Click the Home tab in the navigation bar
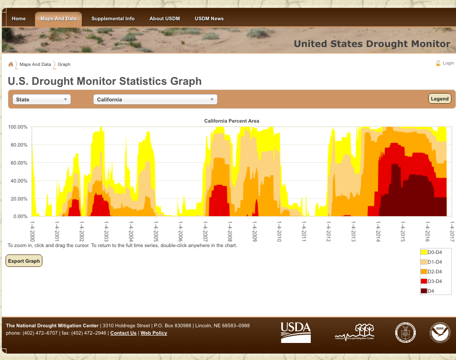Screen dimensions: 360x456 point(19,19)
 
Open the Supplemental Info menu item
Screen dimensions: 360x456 point(113,19)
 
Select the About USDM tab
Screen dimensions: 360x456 point(165,19)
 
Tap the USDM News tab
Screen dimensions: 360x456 point(209,19)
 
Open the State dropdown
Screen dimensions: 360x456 point(41,100)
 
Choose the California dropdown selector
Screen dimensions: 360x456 point(155,100)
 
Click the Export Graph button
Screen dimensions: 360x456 point(24,261)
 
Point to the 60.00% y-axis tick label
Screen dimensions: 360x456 point(18,163)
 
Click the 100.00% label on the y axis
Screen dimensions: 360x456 point(18,127)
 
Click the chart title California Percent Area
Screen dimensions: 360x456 point(231,121)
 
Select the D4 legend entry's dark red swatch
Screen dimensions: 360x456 point(424,291)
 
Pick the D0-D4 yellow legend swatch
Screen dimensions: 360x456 point(424,252)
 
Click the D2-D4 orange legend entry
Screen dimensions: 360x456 point(431,271)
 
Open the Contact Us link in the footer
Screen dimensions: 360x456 point(123,333)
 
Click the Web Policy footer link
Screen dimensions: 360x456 point(154,333)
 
